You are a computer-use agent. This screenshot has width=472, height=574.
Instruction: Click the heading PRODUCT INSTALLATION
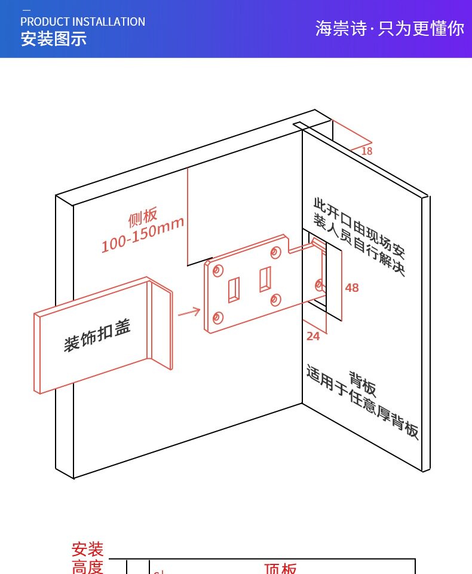point(82,22)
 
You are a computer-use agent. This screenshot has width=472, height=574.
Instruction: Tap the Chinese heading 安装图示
point(54,39)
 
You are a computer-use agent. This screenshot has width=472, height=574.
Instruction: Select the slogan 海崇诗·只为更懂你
point(390,28)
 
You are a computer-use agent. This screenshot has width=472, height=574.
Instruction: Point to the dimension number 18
point(366,151)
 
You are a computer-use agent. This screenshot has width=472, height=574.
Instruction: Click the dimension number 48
point(352,288)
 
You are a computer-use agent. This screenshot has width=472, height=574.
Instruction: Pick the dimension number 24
point(313,337)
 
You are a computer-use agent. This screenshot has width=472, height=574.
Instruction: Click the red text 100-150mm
point(143,234)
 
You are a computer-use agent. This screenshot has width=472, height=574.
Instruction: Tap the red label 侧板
point(143,216)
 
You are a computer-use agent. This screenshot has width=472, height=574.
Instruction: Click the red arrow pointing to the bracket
point(189,312)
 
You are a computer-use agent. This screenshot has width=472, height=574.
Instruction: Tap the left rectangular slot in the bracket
point(234,290)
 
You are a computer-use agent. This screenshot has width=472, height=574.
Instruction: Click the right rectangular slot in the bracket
point(265,279)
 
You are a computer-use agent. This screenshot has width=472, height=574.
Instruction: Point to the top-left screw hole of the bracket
point(217,271)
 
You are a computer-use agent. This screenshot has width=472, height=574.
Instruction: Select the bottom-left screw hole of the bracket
point(217,317)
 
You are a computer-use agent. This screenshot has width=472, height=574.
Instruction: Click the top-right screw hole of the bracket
point(275,252)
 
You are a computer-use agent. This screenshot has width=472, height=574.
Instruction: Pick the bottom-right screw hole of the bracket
point(275,300)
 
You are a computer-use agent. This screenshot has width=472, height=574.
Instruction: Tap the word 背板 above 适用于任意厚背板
point(363,384)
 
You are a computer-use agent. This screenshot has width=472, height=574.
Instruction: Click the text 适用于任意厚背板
point(362,402)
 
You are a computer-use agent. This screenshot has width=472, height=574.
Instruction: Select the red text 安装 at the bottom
point(87,549)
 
